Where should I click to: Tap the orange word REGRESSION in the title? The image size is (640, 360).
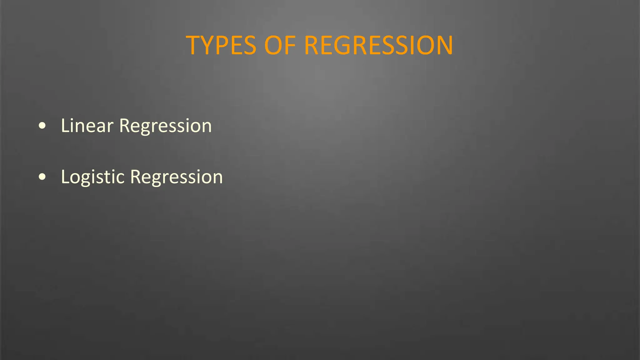click(x=378, y=46)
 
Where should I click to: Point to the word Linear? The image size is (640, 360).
click(x=87, y=126)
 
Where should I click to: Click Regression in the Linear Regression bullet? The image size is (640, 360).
click(x=165, y=126)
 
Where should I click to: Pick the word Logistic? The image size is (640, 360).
click(x=93, y=177)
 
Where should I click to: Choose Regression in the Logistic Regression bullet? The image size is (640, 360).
click(x=176, y=177)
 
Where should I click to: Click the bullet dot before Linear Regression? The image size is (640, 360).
click(x=42, y=126)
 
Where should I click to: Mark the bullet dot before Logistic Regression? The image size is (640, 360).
click(x=42, y=177)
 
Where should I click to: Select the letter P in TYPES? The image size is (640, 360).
click(x=224, y=46)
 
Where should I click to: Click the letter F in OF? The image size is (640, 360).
click(x=290, y=46)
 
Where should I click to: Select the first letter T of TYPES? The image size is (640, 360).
click(x=194, y=46)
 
